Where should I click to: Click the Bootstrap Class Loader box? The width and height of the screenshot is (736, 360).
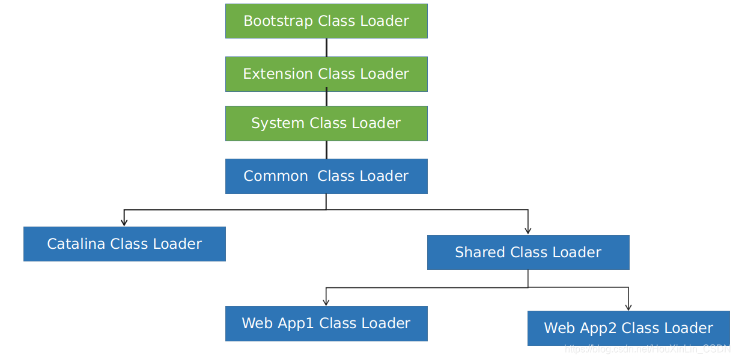tap(326, 21)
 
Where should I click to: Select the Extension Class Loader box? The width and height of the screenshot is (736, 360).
tap(326, 74)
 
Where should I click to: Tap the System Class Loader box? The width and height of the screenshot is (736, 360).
tap(326, 123)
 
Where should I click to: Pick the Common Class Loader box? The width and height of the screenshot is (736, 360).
tap(326, 176)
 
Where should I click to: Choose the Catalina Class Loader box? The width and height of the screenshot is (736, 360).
tap(124, 244)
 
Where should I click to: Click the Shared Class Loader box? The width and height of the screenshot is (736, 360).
tap(528, 252)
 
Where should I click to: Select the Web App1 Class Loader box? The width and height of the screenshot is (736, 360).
tap(326, 323)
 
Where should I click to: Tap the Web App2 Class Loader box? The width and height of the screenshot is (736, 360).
tap(628, 328)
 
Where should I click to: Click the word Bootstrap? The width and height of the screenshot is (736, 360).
tap(278, 21)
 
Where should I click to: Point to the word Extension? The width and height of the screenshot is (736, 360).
tap(278, 74)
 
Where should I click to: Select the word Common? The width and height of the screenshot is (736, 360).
tap(275, 176)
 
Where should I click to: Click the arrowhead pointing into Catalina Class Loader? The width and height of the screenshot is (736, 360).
tap(124, 222)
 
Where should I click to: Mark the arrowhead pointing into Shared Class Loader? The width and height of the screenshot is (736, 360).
tap(528, 231)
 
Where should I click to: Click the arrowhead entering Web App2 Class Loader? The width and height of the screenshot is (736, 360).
tap(628, 307)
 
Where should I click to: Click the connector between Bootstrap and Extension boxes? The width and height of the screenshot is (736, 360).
tap(326, 47)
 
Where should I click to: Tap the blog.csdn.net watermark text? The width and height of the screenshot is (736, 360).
tap(646, 349)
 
